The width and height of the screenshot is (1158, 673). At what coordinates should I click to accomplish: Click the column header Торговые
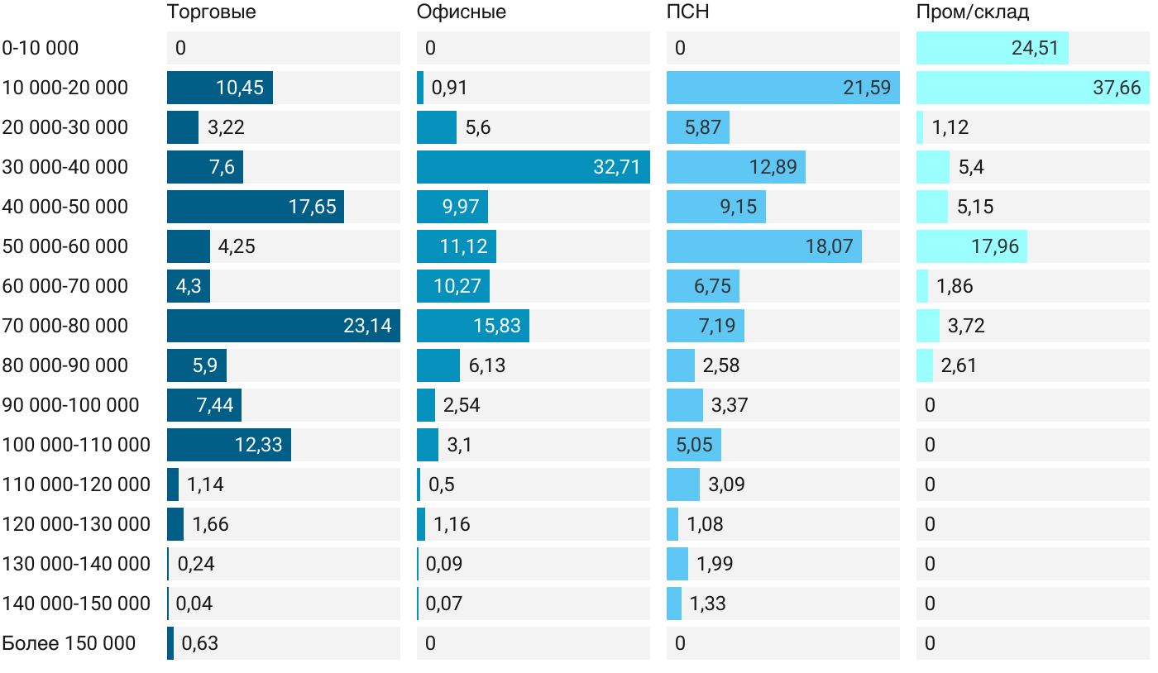coord(211,12)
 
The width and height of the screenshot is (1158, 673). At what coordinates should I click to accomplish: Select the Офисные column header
coord(461,12)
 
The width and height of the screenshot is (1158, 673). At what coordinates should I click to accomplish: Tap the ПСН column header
coord(687,12)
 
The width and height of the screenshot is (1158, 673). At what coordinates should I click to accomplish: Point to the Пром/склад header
coord(973,12)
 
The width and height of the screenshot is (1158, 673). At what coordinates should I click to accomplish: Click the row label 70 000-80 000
coord(65,326)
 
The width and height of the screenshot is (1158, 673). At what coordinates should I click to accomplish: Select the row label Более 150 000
coord(69,643)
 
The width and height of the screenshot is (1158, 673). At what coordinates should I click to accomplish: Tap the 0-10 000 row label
coord(41,48)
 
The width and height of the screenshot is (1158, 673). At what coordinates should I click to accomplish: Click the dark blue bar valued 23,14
coord(283,326)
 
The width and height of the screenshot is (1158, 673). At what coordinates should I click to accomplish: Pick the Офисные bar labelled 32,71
coord(533,167)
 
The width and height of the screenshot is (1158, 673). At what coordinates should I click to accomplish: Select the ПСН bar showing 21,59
coord(782,88)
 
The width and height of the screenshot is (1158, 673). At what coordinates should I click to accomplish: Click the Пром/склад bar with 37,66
coord(1032,88)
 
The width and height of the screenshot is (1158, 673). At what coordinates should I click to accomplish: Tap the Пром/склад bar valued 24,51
coord(992,48)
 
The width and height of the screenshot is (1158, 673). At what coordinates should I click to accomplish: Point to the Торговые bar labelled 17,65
coord(255,207)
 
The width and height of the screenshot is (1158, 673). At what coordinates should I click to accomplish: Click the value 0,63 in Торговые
coord(199,643)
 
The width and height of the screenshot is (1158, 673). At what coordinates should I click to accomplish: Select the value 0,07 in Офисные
coord(443,604)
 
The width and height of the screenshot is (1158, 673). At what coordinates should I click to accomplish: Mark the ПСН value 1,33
coord(707,604)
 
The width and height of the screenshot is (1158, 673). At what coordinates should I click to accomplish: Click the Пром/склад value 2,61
coord(959,365)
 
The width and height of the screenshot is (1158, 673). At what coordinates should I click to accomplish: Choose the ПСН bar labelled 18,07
coord(763,246)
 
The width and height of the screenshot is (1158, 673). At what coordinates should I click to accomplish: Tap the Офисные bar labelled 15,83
coord(472,326)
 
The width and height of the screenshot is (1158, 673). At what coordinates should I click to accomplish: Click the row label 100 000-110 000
coord(76,445)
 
